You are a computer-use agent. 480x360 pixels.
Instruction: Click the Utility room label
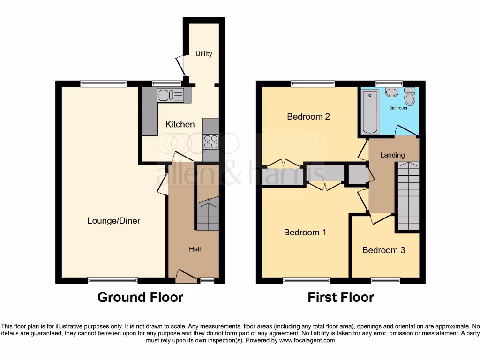click(204, 54)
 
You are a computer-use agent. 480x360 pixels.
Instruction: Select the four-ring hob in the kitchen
click(211, 141)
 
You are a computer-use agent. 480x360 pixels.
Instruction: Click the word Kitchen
click(180, 124)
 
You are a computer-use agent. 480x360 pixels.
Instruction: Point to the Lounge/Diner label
click(113, 220)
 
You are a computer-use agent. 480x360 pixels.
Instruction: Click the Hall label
click(195, 249)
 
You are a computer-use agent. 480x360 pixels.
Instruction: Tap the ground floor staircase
click(207, 214)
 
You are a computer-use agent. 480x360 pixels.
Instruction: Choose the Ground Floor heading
click(140, 297)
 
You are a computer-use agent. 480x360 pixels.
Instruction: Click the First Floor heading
click(341, 297)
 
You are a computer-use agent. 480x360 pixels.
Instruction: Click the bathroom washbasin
click(392, 91)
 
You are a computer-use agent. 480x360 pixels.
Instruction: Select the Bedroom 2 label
click(308, 116)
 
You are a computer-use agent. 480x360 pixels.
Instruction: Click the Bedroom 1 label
click(305, 232)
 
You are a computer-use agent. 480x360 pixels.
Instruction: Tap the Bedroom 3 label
click(383, 250)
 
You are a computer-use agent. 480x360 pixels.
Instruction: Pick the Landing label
click(392, 155)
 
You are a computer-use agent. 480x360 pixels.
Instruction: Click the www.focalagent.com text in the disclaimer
click(307, 340)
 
